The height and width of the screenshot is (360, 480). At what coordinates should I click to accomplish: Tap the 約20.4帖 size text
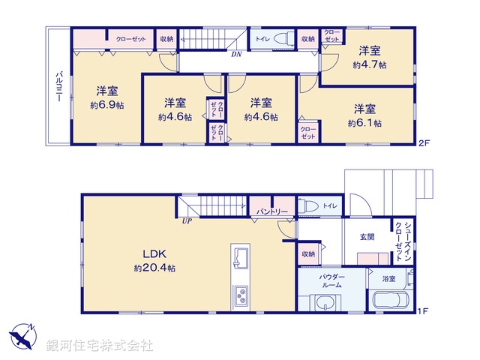pyautogui.click(x=154, y=268)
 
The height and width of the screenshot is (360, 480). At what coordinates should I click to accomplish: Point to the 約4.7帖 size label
pyautogui.click(x=369, y=64)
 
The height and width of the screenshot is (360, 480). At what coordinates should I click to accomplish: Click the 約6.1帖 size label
pyautogui.click(x=365, y=122)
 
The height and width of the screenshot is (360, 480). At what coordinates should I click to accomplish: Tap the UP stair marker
pyautogui.click(x=185, y=220)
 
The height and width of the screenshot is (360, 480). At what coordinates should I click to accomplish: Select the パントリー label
pyautogui.click(x=272, y=212)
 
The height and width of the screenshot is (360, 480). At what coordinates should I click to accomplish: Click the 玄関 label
pyautogui.click(x=367, y=237)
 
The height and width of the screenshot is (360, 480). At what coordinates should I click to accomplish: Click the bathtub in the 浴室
pyautogui.click(x=390, y=301)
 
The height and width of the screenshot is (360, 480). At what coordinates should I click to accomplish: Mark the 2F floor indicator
pyautogui.click(x=424, y=142)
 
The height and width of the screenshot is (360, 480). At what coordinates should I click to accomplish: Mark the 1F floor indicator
pyautogui.click(x=424, y=308)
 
